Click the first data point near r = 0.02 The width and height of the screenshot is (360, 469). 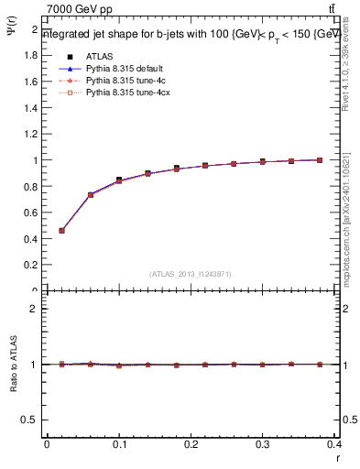[x=61, y=231]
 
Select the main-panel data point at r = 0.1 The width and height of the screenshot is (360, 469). [x=119, y=180]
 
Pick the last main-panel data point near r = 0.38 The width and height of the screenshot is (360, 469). [x=320, y=160]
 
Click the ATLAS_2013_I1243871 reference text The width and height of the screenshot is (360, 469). [x=190, y=273]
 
